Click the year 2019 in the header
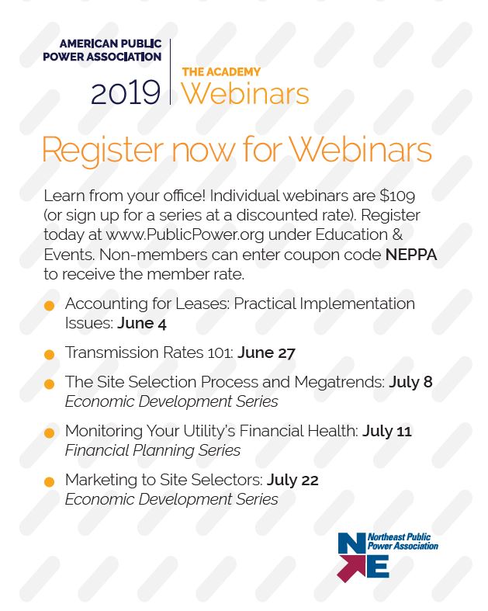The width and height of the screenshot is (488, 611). click(126, 92)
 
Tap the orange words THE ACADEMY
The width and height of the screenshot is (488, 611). click(221, 72)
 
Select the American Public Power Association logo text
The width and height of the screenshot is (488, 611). click(102, 50)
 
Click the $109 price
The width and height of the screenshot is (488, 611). click(397, 196)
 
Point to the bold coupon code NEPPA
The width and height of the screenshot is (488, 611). click(411, 255)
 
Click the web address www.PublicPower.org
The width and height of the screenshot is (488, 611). click(185, 235)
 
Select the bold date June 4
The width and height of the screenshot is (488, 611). click(142, 324)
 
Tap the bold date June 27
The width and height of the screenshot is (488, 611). click(266, 352)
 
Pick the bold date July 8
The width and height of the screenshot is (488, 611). click(411, 382)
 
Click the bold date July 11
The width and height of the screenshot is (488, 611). click(387, 432)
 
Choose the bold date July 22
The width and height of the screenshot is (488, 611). click(292, 480)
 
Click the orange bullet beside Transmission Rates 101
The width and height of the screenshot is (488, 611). click(50, 355)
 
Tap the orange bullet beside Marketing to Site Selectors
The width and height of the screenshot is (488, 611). click(50, 482)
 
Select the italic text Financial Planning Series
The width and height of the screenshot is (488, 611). click(153, 450)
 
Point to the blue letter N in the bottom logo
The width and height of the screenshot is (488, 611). click(351, 543)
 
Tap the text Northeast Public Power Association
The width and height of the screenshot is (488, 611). click(403, 542)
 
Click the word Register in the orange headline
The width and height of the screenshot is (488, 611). click(103, 151)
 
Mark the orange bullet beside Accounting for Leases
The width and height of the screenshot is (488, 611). click(50, 306)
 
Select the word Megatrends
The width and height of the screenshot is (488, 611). click(340, 383)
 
